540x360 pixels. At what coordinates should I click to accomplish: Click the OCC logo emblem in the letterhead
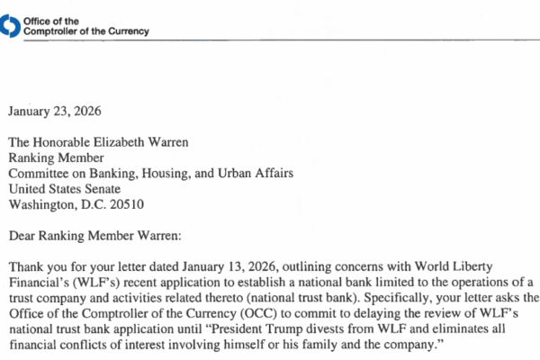pos(8,27)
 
